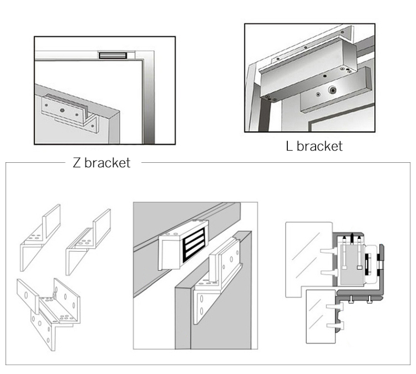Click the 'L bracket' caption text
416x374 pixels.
pyautogui.click(x=313, y=147)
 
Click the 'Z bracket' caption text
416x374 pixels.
pyautogui.click(x=102, y=163)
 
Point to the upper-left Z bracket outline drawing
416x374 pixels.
pyautogui.click(x=40, y=233)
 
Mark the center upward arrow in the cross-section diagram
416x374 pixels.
pyautogui.click(x=352, y=236)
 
